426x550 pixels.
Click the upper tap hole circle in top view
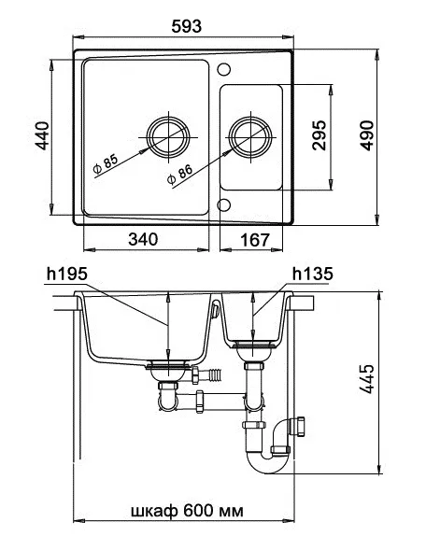coord(224,70)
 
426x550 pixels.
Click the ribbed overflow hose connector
coord(215,375)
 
